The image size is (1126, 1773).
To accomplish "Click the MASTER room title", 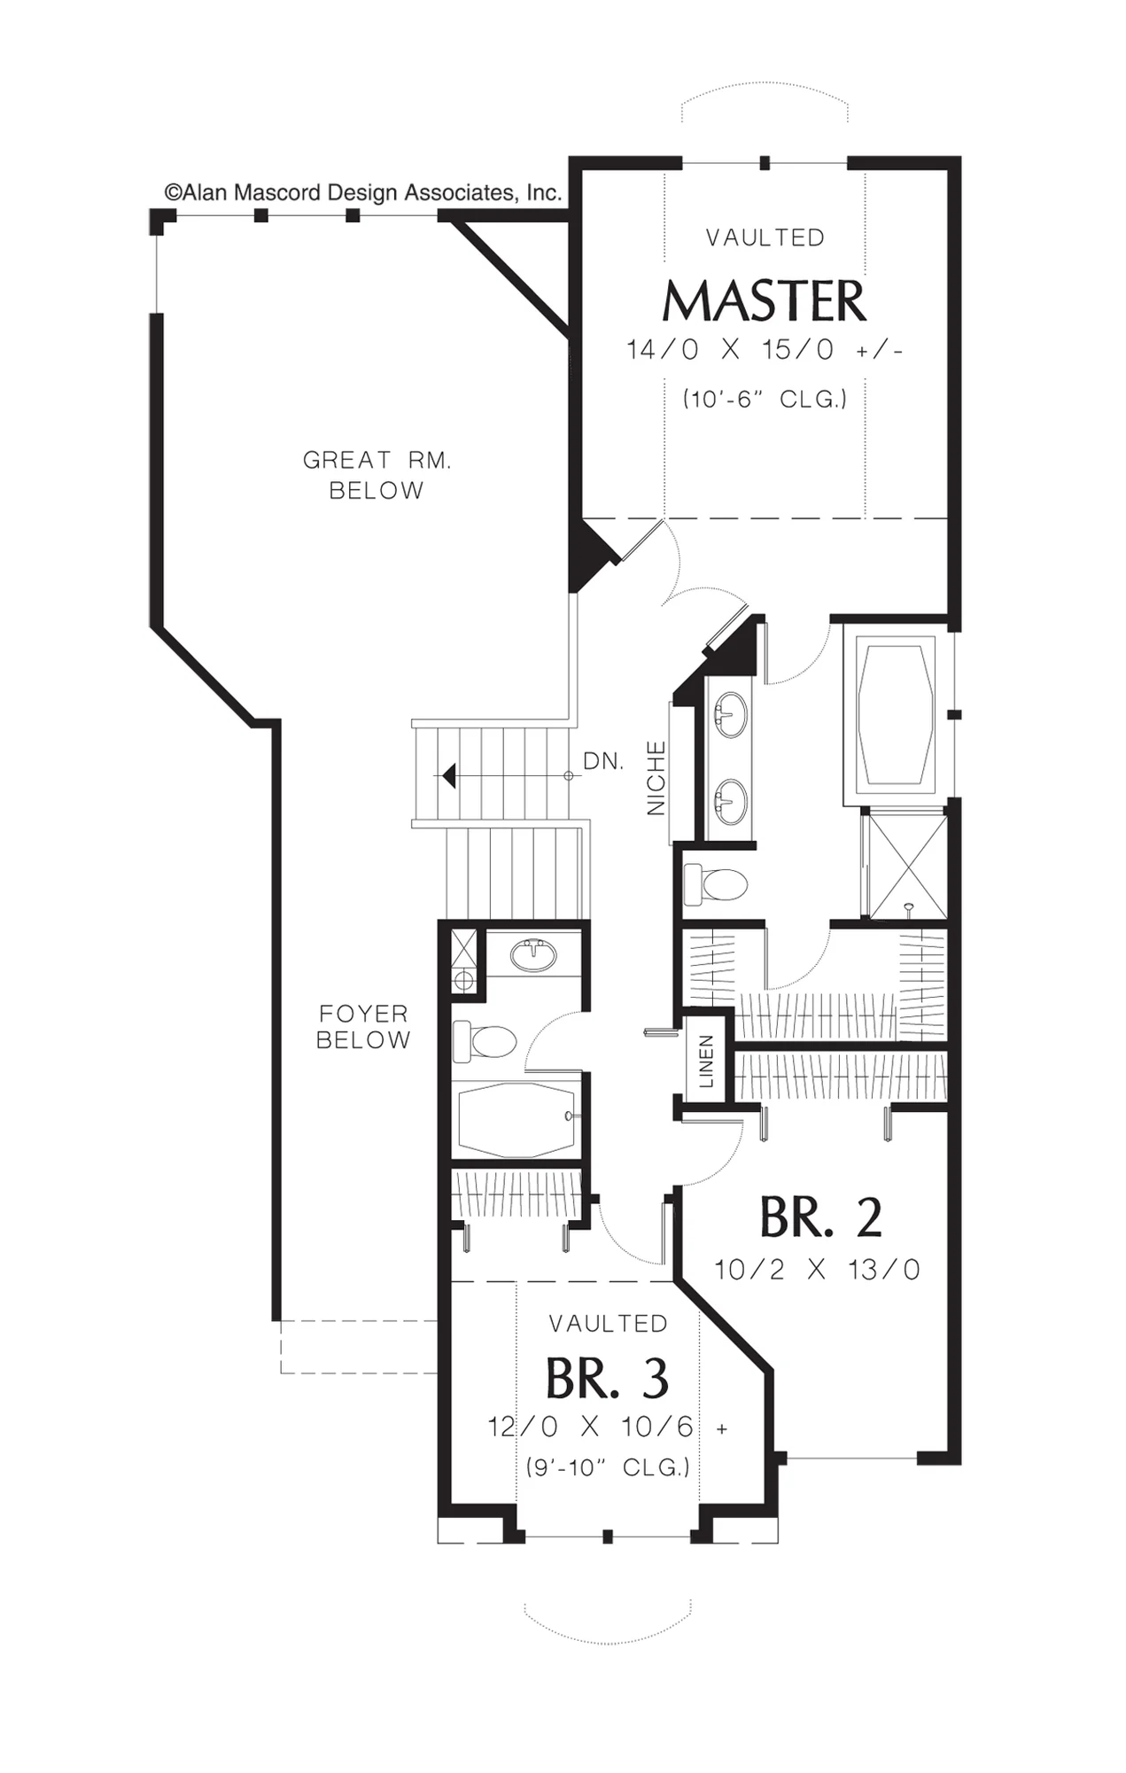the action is [764, 301].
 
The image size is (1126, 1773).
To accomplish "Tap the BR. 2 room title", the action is [820, 1217].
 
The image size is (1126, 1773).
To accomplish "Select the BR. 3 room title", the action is [607, 1378].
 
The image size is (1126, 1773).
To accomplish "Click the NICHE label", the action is [656, 778].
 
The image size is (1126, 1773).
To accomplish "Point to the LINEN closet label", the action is [706, 1061].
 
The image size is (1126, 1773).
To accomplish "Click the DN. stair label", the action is [603, 761].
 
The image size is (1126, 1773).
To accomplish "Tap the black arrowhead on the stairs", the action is [449, 776].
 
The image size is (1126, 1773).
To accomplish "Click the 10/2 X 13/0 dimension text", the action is [817, 1270].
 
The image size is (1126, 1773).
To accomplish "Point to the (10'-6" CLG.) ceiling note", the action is [765, 400].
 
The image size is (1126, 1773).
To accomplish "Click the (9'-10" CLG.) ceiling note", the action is [608, 1467].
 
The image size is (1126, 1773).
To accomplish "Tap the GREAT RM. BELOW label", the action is [377, 475].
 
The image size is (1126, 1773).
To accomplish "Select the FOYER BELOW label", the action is [363, 1026].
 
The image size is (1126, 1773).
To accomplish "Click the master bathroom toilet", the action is [717, 884].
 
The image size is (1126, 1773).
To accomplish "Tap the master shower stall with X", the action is [905, 865].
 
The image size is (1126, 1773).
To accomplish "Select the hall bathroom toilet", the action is [484, 1041].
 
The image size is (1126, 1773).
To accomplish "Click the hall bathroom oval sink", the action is [534, 956].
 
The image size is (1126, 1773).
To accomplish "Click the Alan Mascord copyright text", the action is [363, 192].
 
